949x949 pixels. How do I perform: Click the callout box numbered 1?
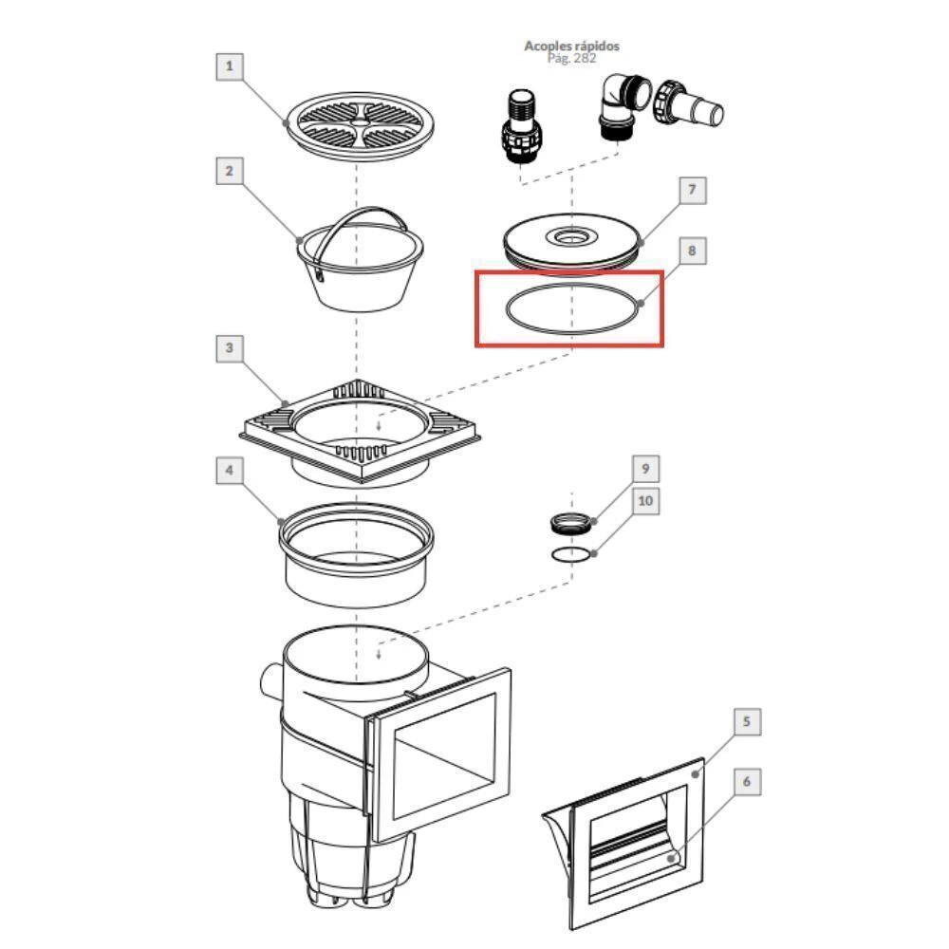pyautogui.click(x=230, y=66)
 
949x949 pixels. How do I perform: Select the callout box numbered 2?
pyautogui.click(x=230, y=171)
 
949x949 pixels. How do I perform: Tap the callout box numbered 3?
pyautogui.click(x=230, y=348)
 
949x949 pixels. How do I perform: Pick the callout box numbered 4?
pyautogui.click(x=230, y=471)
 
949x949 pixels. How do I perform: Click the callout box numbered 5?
pyautogui.click(x=747, y=721)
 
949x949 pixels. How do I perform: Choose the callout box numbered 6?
pyautogui.click(x=747, y=782)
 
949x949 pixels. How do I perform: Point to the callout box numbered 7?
pyautogui.click(x=693, y=190)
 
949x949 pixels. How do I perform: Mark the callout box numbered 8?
pyautogui.click(x=693, y=251)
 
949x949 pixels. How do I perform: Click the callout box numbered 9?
pyautogui.click(x=645, y=469)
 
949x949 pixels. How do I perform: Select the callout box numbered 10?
pyautogui.click(x=645, y=501)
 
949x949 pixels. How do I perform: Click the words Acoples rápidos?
pyautogui.click(x=571, y=46)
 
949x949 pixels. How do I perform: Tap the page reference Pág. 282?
pyautogui.click(x=571, y=58)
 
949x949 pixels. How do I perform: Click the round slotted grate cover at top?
pyautogui.click(x=360, y=126)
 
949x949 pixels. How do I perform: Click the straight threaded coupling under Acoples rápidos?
pyautogui.click(x=520, y=126)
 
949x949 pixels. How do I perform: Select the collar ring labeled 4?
pyautogui.click(x=356, y=554)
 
